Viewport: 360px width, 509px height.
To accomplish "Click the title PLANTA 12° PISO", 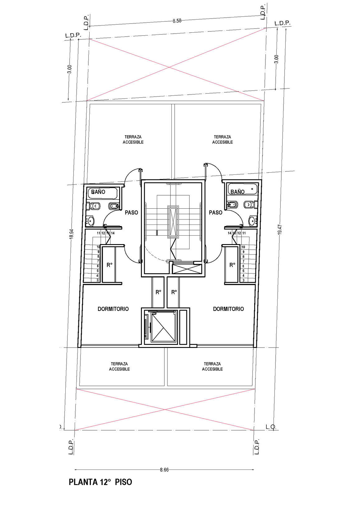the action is click(x=100, y=482).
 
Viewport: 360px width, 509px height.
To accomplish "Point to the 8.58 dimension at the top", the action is click(x=177, y=21).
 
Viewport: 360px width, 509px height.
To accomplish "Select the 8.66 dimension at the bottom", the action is click(x=164, y=470).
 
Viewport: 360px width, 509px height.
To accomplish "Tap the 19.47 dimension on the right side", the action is click(x=280, y=229).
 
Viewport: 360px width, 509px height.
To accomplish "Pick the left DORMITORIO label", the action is click(x=113, y=309).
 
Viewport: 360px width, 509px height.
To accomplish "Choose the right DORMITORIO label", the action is click(x=228, y=309).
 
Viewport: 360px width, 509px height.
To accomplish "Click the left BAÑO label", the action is click(x=98, y=192).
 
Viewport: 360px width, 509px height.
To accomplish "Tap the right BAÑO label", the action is click(x=237, y=192).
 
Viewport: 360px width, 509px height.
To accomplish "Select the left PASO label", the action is click(x=131, y=212).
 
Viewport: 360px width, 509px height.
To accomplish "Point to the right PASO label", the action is click(x=216, y=212).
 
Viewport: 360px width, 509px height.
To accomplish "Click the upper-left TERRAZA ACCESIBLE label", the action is click(x=133, y=140).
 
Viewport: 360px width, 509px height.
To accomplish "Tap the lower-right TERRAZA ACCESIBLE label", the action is click(x=213, y=367).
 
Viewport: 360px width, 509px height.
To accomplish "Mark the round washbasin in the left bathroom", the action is click(x=91, y=221).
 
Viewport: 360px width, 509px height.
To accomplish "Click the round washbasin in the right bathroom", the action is click(x=252, y=221).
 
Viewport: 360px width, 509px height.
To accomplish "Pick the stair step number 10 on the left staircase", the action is click(x=98, y=247).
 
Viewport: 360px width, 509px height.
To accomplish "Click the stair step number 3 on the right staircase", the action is click(x=243, y=280).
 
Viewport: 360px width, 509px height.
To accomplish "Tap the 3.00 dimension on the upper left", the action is click(x=70, y=69).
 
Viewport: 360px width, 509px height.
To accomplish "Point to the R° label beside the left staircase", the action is click(x=110, y=265).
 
